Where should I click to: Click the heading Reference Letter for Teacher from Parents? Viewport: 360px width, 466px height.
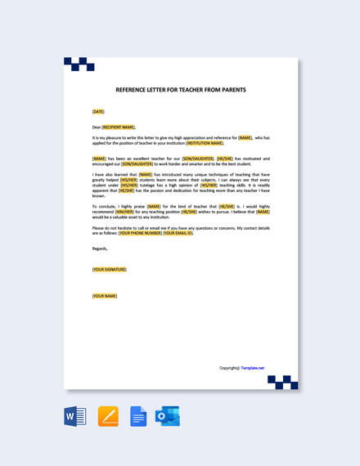[180, 90]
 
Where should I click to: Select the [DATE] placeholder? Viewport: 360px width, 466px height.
[98, 111]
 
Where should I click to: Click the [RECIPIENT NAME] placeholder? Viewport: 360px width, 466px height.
[119, 127]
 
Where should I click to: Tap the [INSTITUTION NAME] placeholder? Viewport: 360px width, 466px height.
[205, 143]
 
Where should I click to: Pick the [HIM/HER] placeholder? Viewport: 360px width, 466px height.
[124, 212]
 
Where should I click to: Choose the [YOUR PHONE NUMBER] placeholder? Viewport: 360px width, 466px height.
[140, 233]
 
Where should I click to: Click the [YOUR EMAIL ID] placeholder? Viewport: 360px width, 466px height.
[178, 233]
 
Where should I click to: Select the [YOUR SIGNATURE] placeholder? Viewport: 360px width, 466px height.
[109, 269]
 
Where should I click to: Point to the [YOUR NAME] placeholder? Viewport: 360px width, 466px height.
[105, 296]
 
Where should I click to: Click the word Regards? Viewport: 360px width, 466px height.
[100, 249]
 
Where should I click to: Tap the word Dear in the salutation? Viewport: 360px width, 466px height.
[97, 127]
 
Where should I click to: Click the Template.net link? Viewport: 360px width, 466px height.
[252, 368]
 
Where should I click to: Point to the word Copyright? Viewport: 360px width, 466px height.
[228, 368]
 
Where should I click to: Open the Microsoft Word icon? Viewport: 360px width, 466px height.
[75, 416]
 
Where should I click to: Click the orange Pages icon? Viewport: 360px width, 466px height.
[108, 416]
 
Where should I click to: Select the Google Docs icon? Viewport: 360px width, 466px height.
[138, 416]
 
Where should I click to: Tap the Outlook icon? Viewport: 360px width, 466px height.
[168, 416]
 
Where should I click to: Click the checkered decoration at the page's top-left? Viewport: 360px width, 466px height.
[79, 64]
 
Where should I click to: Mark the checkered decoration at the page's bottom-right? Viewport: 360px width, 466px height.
[283, 382]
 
